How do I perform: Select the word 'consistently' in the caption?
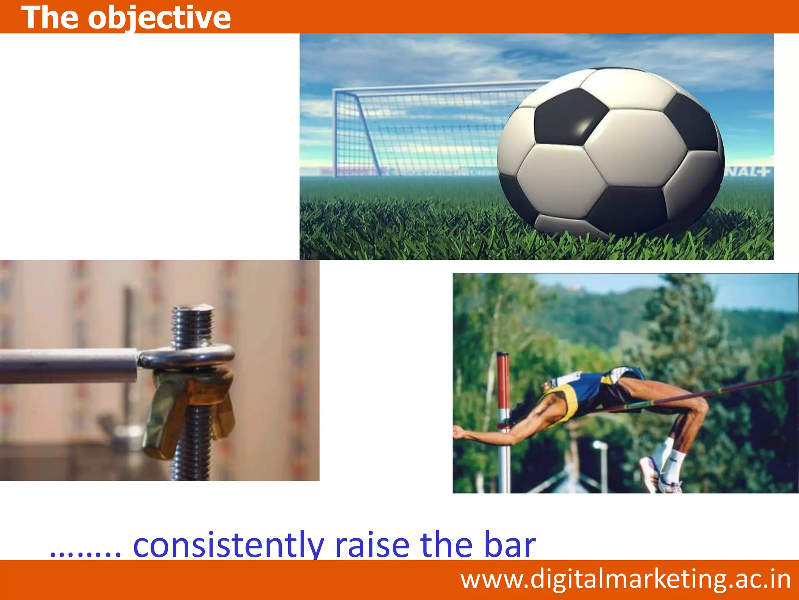click(228, 545)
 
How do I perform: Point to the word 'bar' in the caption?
click(510, 545)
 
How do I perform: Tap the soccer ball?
click(611, 152)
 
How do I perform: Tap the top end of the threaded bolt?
click(194, 312)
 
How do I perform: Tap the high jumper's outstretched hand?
click(460, 432)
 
